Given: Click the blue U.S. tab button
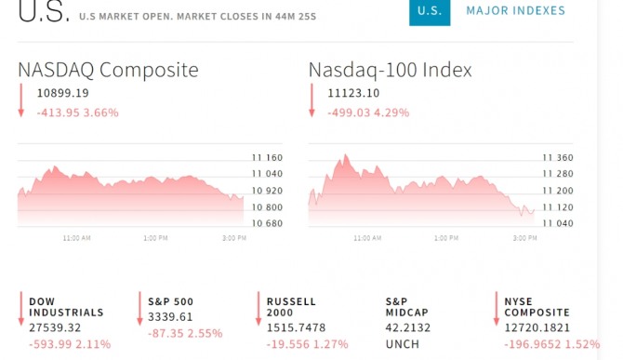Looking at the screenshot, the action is click(430, 12).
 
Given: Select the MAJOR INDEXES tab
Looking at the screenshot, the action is click(516, 11).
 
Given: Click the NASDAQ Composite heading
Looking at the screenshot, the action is click(108, 71).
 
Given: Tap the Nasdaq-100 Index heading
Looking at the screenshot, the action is click(391, 70).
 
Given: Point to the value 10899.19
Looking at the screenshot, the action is click(63, 93).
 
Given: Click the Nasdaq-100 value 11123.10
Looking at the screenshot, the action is click(353, 93).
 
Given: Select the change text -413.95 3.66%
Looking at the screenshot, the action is click(78, 113).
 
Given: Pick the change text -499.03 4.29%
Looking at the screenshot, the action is click(368, 113).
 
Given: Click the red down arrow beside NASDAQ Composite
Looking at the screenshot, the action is click(21, 100).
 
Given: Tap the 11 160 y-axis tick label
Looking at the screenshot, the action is click(267, 158).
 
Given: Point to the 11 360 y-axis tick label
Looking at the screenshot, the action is click(558, 158).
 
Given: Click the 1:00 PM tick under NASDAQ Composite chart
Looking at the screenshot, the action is click(155, 238).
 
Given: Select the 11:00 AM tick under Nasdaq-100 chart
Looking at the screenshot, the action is click(367, 238).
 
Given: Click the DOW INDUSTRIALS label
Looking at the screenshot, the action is click(66, 307).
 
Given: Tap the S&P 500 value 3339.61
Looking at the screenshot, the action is click(170, 317).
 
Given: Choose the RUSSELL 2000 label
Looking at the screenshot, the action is click(291, 307).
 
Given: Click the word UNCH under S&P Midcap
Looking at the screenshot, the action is click(403, 344).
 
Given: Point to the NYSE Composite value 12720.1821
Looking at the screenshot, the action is click(537, 327).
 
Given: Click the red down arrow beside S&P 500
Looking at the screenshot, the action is click(139, 309).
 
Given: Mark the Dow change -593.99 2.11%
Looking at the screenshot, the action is click(70, 344).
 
